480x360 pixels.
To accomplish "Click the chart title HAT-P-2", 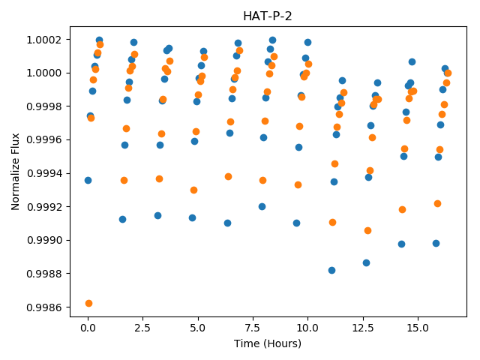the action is (x=268, y=16).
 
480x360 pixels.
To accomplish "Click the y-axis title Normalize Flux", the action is (x=15, y=172).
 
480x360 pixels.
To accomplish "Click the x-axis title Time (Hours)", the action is (x=268, y=343).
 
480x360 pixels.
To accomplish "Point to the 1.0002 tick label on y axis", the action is (x=44, y=40).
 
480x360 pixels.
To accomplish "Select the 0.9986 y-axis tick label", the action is (x=44, y=307).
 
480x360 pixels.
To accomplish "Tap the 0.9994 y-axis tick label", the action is (x=44, y=173).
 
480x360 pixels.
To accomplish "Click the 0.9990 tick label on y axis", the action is (x=44, y=240).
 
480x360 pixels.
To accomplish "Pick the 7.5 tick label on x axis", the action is (x=253, y=328).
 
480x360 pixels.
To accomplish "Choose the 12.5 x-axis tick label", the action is (x=363, y=328).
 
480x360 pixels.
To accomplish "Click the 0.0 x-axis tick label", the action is (x=88, y=328).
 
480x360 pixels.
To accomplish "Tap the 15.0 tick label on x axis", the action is (x=418, y=328).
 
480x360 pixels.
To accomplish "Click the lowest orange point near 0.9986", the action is (x=88, y=303).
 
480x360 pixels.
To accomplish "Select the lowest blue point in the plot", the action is (x=331, y=270).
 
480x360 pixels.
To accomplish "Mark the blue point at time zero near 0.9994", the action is (x=88, y=180).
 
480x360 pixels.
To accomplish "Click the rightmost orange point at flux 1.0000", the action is (x=448, y=73).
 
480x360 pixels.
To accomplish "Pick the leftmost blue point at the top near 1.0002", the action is (x=99, y=40).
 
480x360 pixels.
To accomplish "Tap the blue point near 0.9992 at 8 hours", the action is (x=262, y=207).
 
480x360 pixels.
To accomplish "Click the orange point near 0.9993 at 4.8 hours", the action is (x=193, y=190).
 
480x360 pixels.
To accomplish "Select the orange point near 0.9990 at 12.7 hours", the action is (x=368, y=230).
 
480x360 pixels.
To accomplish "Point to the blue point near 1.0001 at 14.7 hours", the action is (x=412, y=61).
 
